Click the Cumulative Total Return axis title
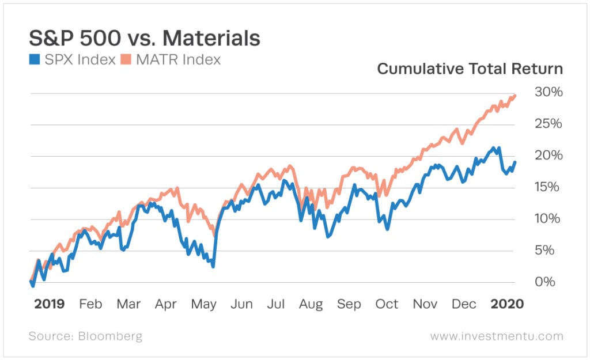470,69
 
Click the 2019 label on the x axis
49,304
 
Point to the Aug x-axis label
311,304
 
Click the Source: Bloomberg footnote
85,336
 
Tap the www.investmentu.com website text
497,336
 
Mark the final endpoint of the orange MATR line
515,95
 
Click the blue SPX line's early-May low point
213,267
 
